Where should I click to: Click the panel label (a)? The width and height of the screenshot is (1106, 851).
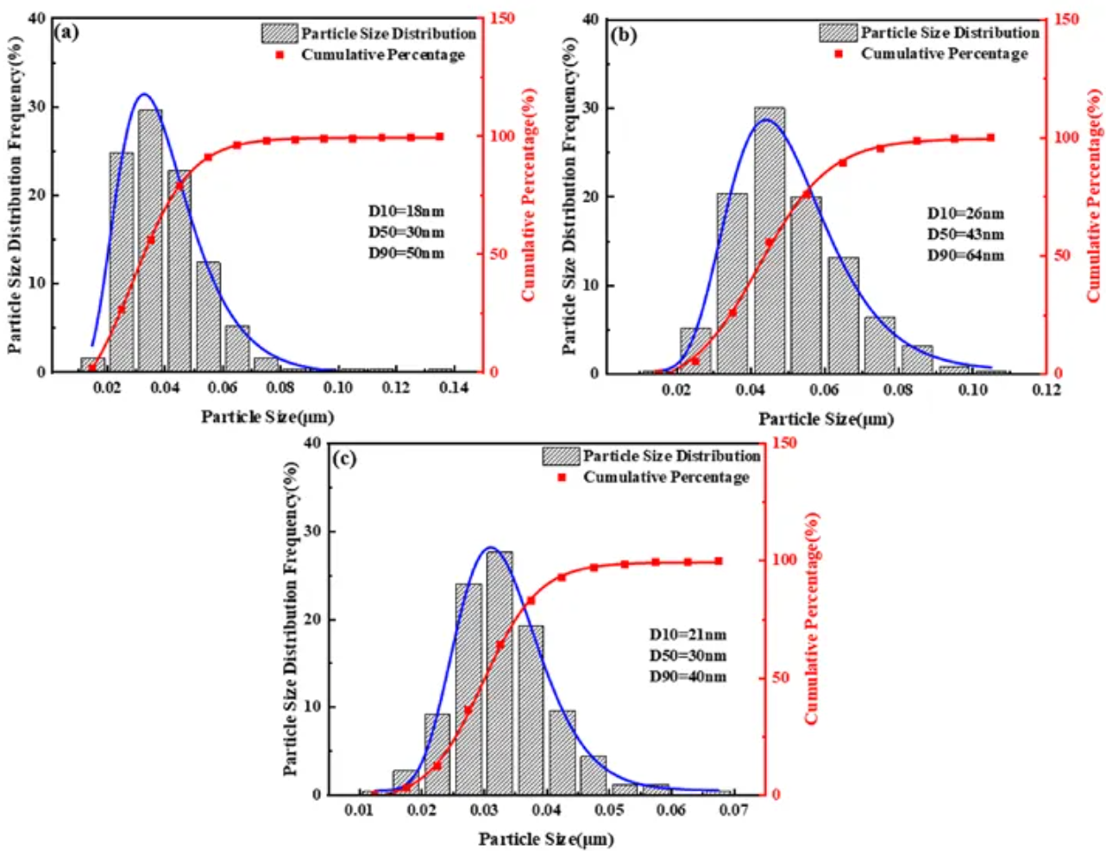click(66, 33)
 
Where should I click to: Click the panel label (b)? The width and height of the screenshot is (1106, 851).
click(623, 35)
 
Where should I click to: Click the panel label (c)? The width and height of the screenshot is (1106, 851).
click(344, 458)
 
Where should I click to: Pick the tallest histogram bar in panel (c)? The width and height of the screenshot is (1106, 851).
click(500, 673)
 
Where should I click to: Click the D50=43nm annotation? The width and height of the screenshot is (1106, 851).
click(965, 235)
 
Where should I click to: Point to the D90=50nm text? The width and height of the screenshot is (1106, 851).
click(406, 254)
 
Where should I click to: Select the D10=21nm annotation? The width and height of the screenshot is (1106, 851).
click(688, 635)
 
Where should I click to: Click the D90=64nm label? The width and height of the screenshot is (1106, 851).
click(965, 255)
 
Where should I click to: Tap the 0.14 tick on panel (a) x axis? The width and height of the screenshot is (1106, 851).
click(454, 388)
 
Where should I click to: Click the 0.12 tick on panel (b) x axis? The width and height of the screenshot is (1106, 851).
click(1046, 390)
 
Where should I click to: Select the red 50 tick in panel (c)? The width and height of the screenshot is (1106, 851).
click(780, 678)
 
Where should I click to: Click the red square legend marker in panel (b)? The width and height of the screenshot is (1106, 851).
click(839, 54)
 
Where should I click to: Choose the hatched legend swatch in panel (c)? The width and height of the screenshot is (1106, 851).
click(561, 456)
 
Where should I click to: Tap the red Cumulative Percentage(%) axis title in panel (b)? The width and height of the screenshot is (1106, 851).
click(1095, 195)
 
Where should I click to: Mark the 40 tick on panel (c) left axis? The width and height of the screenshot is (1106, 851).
click(311, 443)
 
